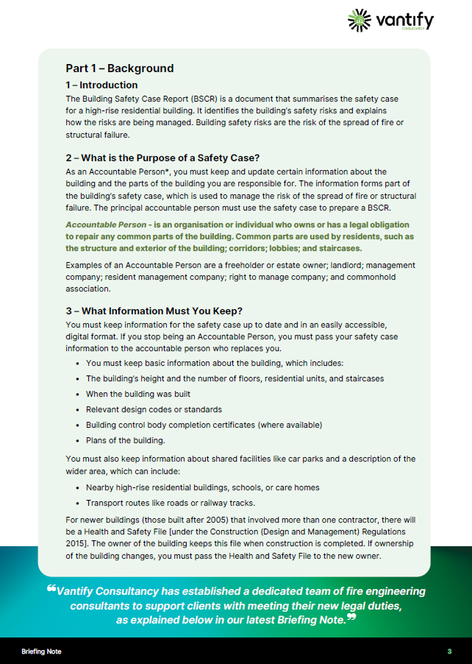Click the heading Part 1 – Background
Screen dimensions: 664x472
tap(119, 68)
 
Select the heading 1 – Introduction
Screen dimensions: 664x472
tap(101, 85)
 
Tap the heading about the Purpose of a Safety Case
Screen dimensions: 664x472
tap(162, 158)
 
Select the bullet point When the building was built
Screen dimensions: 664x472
tap(138, 394)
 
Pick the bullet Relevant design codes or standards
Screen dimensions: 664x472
tap(154, 409)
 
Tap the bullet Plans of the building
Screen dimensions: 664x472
tap(125, 440)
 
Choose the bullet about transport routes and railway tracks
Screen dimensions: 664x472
tap(171, 503)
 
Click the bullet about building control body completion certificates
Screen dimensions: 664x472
tap(204, 425)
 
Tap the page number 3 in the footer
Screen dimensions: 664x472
tap(448, 651)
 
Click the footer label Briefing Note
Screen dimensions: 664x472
tap(42, 651)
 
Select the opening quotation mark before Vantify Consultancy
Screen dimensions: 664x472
tap(51, 589)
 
